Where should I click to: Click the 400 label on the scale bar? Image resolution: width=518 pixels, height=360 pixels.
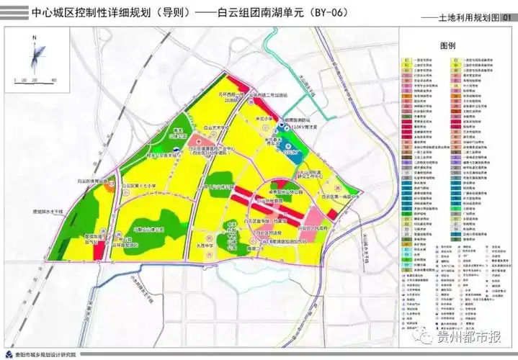coord(55,78)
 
